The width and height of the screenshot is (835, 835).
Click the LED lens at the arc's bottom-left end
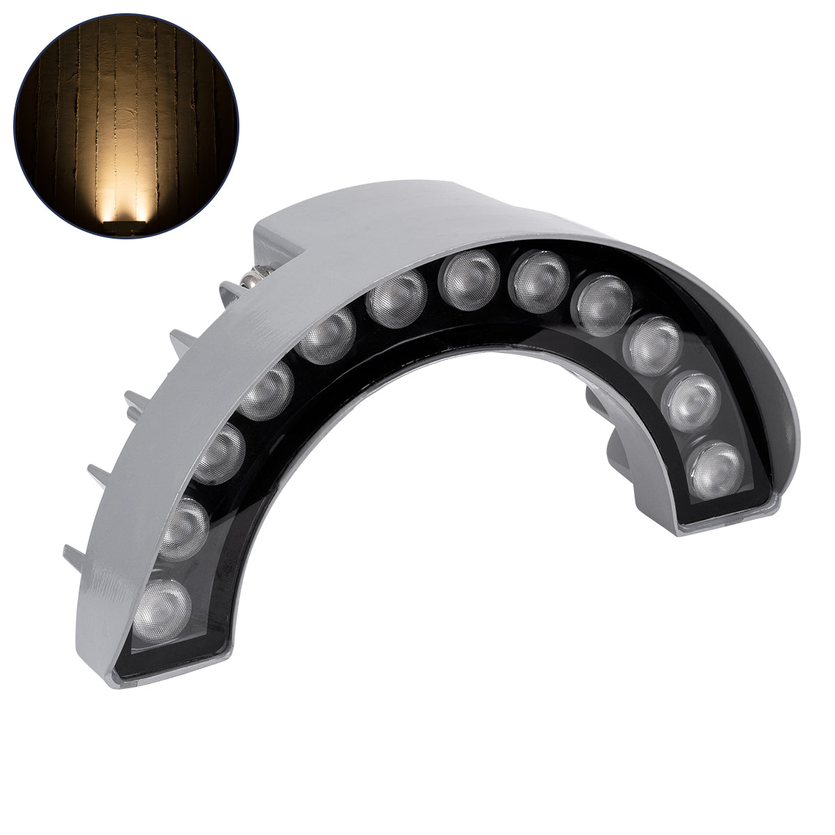coord(162,603)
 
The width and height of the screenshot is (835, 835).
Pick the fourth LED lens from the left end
coord(269,392)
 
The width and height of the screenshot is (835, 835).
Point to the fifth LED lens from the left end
coord(329,337)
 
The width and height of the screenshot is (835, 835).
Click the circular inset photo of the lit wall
coord(126,125)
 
